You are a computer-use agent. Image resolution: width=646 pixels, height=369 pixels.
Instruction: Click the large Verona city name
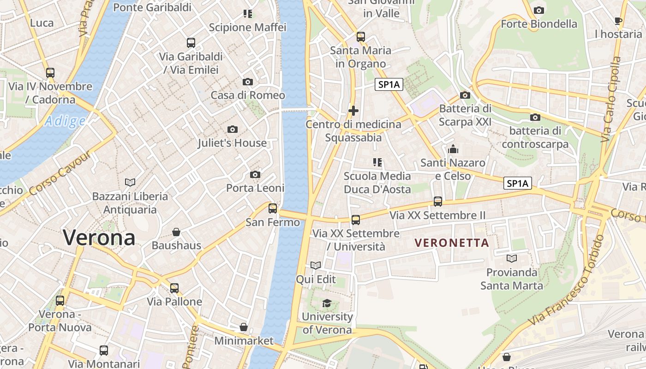tap(99, 238)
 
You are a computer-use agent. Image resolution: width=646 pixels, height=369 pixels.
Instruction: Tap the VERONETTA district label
tap(451, 243)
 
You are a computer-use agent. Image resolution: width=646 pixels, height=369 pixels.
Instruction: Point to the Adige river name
tap(65, 121)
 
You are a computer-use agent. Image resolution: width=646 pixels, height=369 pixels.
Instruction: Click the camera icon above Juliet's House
tap(233, 129)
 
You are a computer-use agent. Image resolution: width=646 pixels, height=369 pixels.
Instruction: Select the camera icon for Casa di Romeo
tap(248, 82)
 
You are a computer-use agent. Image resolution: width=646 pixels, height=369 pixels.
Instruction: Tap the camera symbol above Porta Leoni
tap(255, 174)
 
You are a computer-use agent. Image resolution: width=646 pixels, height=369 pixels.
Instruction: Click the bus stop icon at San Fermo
tap(273, 208)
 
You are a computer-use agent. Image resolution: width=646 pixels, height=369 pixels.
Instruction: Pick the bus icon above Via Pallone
tap(174, 288)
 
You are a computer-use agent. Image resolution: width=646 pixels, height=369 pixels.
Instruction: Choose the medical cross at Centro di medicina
tap(353, 111)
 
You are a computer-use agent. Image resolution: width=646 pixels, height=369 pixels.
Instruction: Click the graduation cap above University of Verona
tap(327, 303)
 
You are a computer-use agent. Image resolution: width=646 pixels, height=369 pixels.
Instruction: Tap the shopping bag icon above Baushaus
tap(176, 232)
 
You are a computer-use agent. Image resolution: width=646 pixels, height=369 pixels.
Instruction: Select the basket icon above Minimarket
tap(244, 327)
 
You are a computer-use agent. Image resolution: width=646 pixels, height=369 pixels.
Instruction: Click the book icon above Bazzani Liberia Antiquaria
tap(130, 182)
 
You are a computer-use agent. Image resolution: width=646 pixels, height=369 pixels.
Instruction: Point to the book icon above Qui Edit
tap(316, 265)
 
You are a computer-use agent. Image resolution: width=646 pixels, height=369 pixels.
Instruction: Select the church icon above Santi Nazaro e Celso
tap(453, 149)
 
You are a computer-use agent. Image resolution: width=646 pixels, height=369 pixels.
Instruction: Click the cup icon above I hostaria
tap(618, 20)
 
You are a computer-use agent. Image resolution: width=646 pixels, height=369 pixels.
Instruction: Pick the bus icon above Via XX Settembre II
tap(437, 202)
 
